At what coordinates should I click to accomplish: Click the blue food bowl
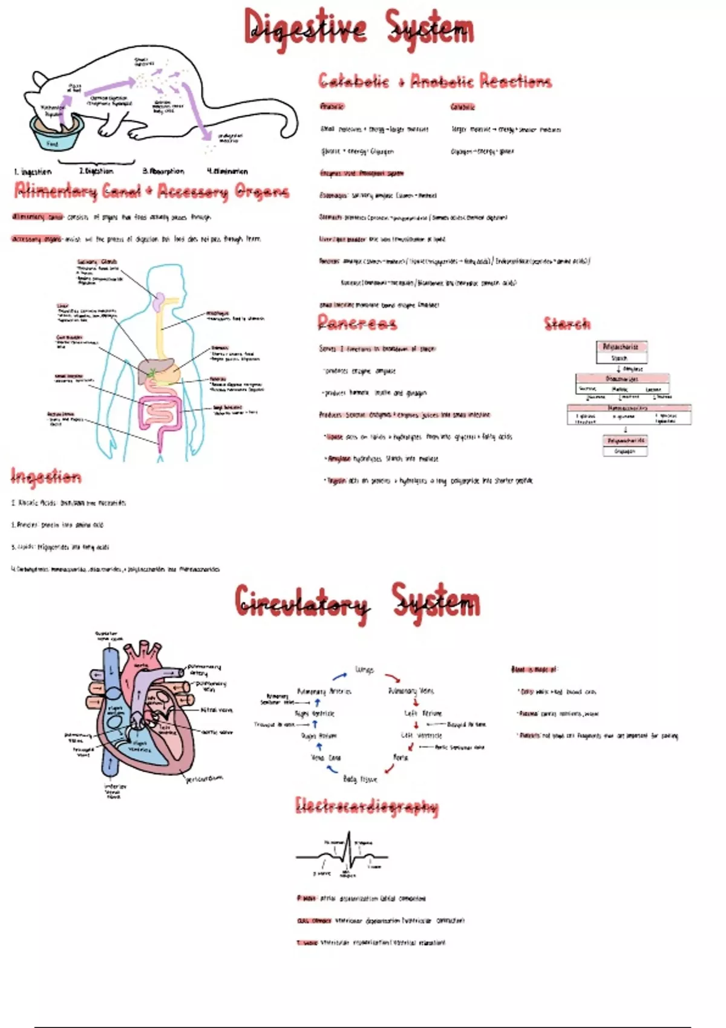pos(56,134)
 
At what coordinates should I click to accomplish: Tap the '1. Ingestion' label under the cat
pos(33,172)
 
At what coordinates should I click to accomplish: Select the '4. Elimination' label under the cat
pos(227,171)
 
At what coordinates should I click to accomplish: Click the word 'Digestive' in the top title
pos(306,28)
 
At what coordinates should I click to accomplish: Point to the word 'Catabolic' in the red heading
pos(354,81)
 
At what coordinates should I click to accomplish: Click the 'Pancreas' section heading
pos(358,323)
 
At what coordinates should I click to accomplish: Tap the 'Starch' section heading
pos(567,324)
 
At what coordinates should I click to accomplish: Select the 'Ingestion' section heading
pos(46,477)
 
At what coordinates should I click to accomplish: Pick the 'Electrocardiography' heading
pos(367,806)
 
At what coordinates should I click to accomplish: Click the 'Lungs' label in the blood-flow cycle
pos(365,670)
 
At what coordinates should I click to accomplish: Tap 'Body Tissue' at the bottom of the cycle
pos(360,779)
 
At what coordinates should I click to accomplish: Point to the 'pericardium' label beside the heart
pos(204,778)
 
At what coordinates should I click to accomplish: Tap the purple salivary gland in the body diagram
pos(159,301)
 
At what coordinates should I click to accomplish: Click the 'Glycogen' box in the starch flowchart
pos(625,451)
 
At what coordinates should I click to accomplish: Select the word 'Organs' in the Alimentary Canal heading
pos(261,192)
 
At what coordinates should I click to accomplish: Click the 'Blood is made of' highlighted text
pos(534,669)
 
